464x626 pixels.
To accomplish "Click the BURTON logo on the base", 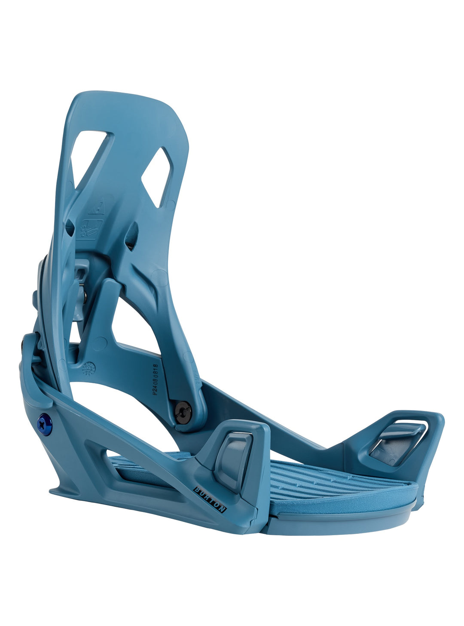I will pyautogui.click(x=210, y=499).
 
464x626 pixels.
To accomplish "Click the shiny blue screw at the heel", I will pyautogui.click(x=45, y=424).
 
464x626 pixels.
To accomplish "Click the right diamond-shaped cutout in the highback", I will pyautogui.click(x=156, y=177).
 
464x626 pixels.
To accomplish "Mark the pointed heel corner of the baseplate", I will pyautogui.click(x=54, y=490).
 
